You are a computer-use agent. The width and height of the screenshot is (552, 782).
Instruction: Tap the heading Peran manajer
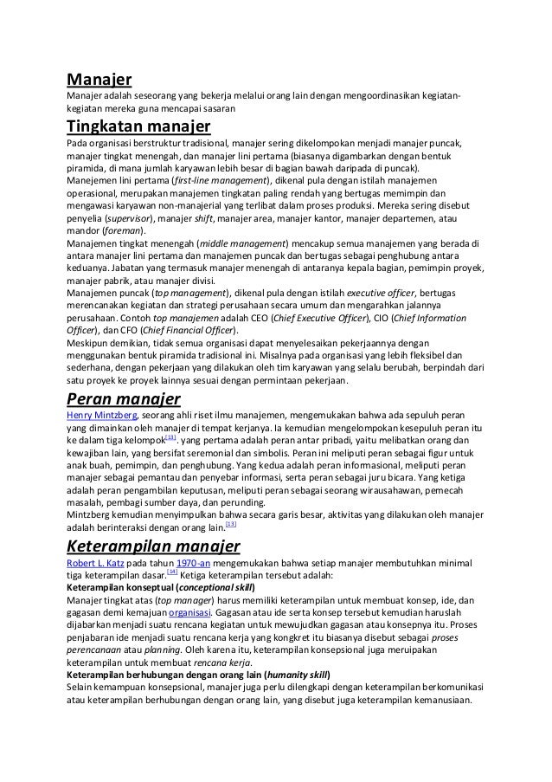(123, 400)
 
